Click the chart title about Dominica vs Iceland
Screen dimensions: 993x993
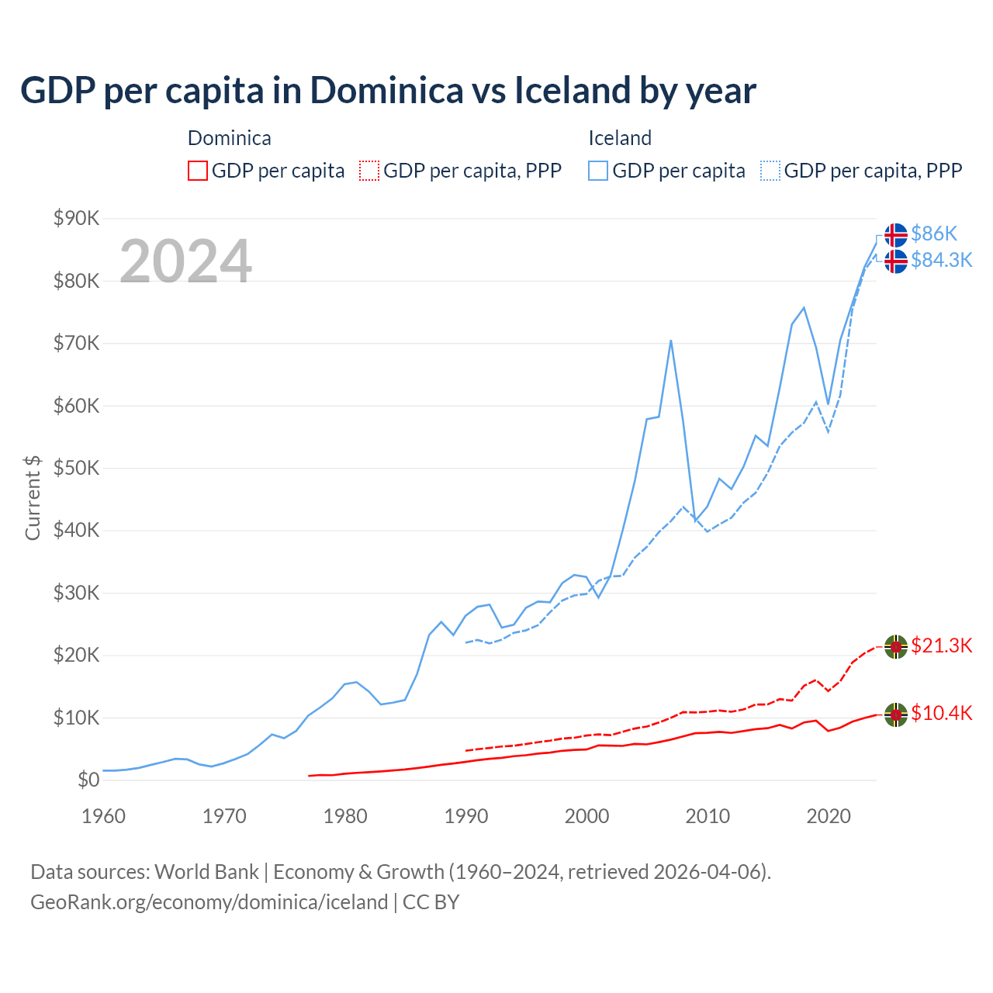pyautogui.click(x=388, y=91)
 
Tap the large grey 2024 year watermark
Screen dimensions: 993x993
pyautogui.click(x=185, y=261)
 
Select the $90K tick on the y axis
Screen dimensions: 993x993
pyautogui.click(x=76, y=218)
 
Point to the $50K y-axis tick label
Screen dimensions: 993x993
pyautogui.click(x=76, y=468)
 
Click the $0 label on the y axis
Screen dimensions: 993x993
pyautogui.click(x=88, y=780)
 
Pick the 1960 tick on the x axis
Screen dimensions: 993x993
pyautogui.click(x=103, y=816)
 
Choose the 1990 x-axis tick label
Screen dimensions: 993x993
pyautogui.click(x=465, y=816)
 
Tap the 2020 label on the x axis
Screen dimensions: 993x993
pyautogui.click(x=829, y=816)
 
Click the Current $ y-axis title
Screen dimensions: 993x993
pyautogui.click(x=33, y=498)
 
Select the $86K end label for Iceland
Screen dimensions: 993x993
pyautogui.click(x=934, y=234)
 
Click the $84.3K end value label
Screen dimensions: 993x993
pyautogui.click(x=941, y=260)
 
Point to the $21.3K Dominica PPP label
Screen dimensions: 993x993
pyautogui.click(x=941, y=645)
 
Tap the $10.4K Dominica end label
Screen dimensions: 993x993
pyautogui.click(x=941, y=713)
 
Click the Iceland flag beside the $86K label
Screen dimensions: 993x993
pyautogui.click(x=896, y=234)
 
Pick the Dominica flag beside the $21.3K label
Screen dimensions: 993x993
pyautogui.click(x=896, y=646)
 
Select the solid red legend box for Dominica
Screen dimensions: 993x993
pyautogui.click(x=198, y=171)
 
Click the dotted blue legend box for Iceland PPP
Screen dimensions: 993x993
pyautogui.click(x=770, y=171)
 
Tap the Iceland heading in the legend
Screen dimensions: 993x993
pyautogui.click(x=620, y=138)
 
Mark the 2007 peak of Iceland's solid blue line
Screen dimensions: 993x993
pyautogui.click(x=670, y=341)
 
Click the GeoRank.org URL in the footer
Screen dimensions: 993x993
pyautogui.click(x=209, y=902)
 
